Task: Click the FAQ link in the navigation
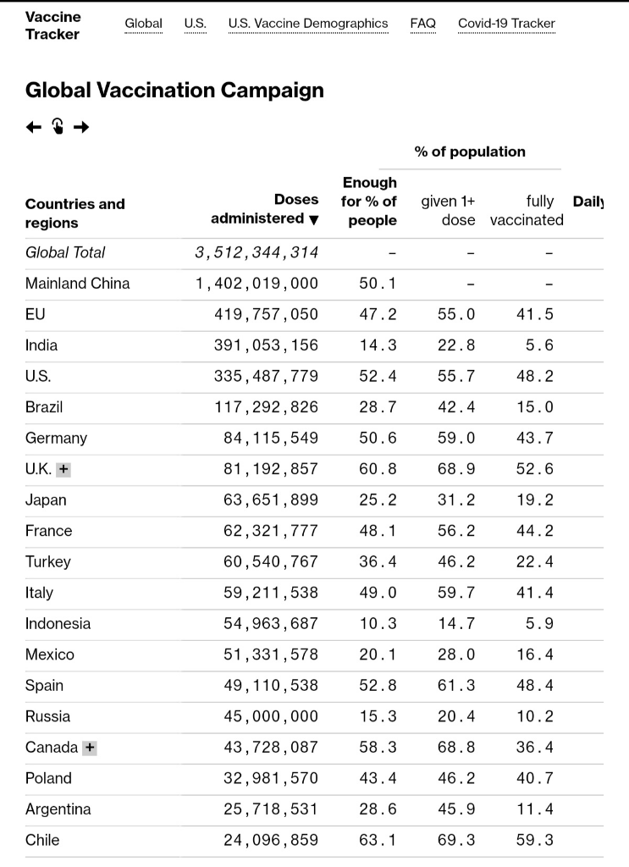click(422, 24)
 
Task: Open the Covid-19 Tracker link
click(506, 24)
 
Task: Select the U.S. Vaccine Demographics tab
click(308, 24)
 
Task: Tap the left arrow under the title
click(33, 127)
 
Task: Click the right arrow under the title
click(81, 127)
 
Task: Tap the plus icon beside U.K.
click(64, 469)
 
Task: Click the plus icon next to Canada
click(90, 748)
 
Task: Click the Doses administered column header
click(265, 210)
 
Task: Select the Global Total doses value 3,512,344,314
click(257, 252)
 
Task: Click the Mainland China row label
click(77, 284)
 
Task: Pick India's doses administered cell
click(266, 345)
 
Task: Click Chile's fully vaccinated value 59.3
click(534, 841)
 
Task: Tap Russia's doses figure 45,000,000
click(271, 717)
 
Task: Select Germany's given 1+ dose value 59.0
click(456, 439)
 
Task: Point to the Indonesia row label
click(58, 624)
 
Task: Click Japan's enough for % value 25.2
click(378, 500)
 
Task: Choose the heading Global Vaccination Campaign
click(174, 91)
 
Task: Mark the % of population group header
click(470, 152)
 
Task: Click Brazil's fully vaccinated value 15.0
click(534, 407)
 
